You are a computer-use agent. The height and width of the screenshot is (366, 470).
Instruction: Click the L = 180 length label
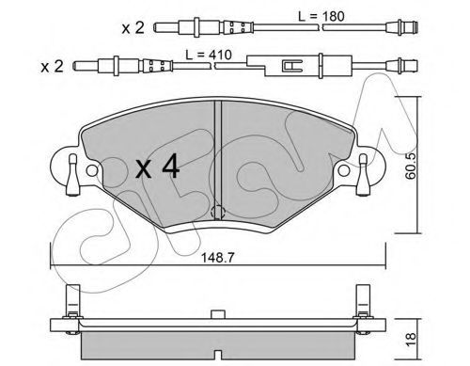tap(321, 16)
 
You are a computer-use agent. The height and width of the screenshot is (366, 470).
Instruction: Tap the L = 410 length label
tap(209, 55)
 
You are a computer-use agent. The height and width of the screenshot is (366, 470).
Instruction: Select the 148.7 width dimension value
tap(218, 258)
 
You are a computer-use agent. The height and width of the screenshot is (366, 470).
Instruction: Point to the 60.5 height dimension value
tap(410, 166)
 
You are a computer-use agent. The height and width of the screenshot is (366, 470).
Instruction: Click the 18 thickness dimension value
tap(411, 339)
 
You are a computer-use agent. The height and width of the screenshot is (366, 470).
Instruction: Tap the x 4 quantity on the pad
tap(158, 167)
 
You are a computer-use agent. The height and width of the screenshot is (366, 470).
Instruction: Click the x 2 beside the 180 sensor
tap(133, 28)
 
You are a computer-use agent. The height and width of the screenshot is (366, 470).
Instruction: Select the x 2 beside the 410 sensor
tap(52, 67)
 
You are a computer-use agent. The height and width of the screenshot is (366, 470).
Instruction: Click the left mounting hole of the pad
tap(92, 170)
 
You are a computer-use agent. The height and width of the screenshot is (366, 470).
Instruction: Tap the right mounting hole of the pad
tap(344, 170)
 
